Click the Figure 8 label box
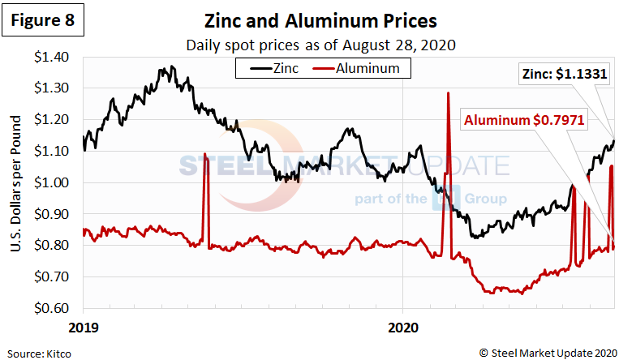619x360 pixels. pyautogui.click(x=44, y=21)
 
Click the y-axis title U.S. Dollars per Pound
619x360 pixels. pyautogui.click(x=15, y=183)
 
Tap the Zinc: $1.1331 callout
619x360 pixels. pyautogui.click(x=562, y=75)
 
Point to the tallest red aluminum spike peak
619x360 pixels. pyautogui.click(x=449, y=93)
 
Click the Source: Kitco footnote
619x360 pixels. pyautogui.click(x=37, y=353)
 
